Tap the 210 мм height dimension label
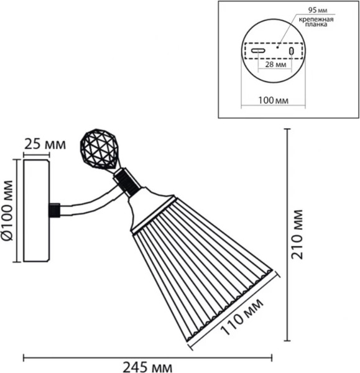(x=297, y=234)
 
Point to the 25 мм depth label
(x=45, y=144)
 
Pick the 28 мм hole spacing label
(x=275, y=64)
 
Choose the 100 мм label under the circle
(x=274, y=100)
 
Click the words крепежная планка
(x=316, y=22)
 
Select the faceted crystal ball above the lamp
(x=98, y=149)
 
